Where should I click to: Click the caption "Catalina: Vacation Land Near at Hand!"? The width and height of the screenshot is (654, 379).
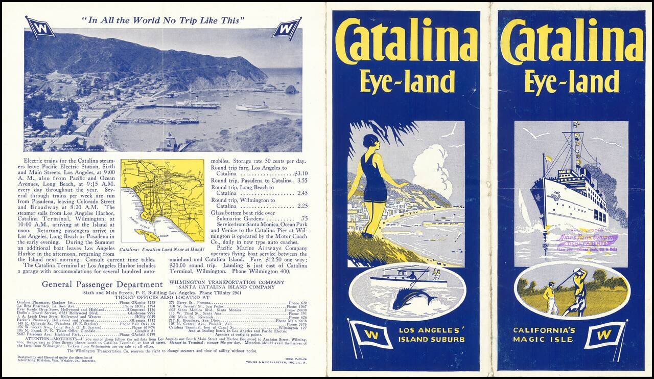pyautogui.click(x=162, y=250)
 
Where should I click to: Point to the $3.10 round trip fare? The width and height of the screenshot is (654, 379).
pyautogui.click(x=301, y=173)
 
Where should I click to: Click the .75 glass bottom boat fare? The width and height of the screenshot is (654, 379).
pyautogui.click(x=305, y=218)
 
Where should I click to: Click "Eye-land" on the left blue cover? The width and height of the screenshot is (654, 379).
pyautogui.click(x=407, y=82)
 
